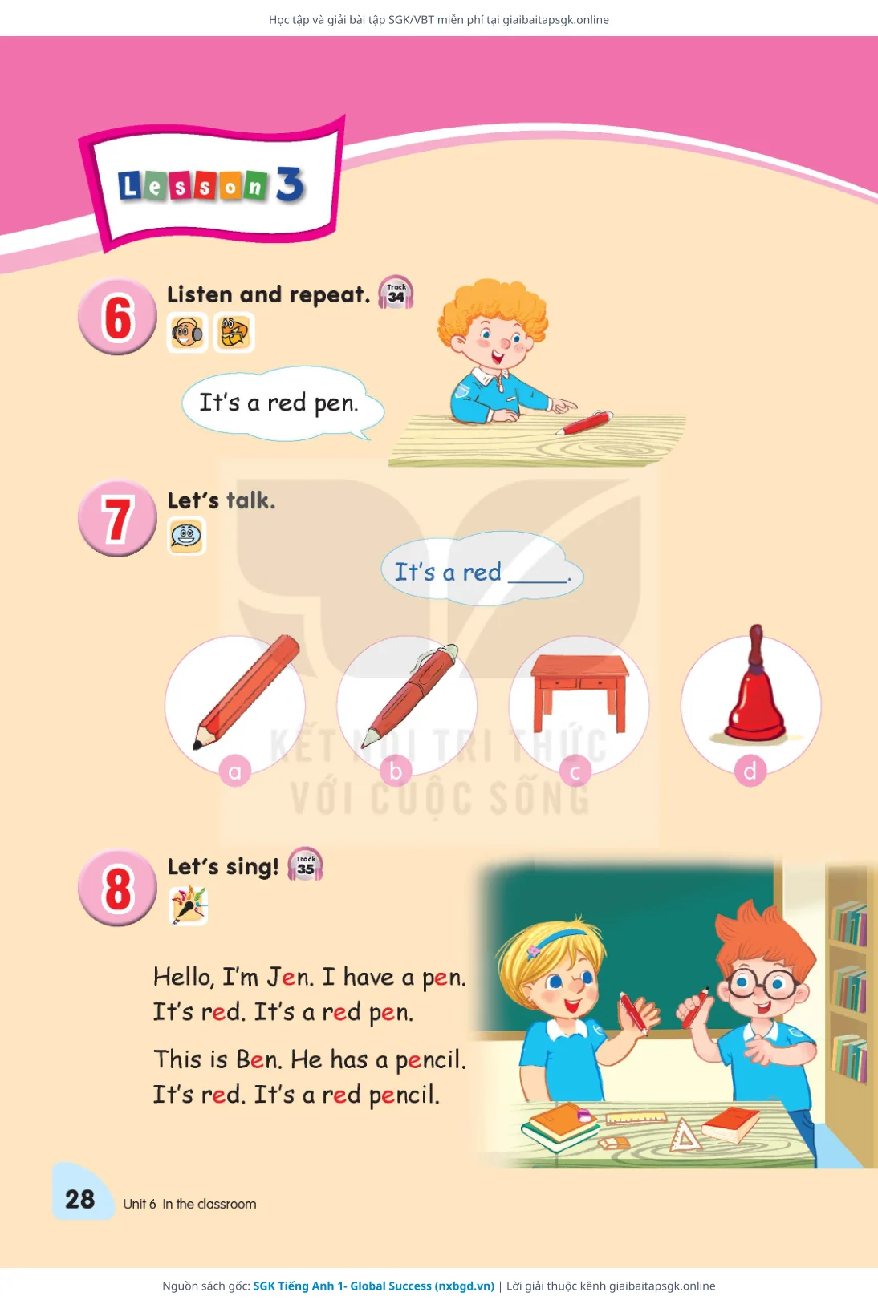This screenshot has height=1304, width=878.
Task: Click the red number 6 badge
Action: (x=117, y=316)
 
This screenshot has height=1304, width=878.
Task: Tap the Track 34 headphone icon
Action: (x=396, y=292)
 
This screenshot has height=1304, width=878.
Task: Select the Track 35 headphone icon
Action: (x=305, y=864)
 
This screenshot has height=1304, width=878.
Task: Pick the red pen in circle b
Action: (x=409, y=695)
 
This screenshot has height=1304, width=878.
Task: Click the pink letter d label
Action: (x=750, y=771)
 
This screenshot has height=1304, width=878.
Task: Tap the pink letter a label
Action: (x=235, y=771)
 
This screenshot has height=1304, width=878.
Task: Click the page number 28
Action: (x=79, y=1199)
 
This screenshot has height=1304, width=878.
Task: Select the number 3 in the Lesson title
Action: (x=291, y=184)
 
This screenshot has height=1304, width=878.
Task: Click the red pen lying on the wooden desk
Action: (x=584, y=422)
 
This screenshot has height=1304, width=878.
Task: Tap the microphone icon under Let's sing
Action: (x=188, y=905)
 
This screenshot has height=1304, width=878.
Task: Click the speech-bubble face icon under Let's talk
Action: (x=186, y=536)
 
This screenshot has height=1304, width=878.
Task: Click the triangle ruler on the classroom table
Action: (x=685, y=1135)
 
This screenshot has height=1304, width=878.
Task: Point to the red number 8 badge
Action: (x=117, y=888)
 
